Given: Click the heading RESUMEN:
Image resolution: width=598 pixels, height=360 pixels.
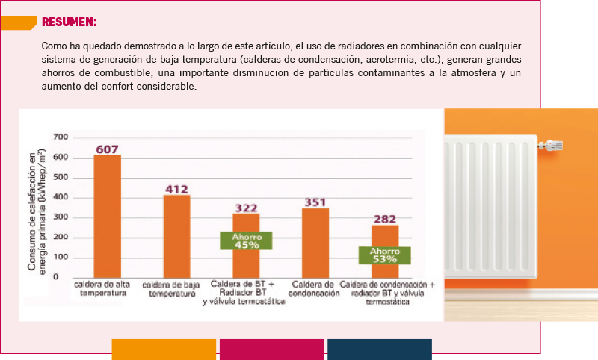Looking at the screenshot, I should [x=69, y=22].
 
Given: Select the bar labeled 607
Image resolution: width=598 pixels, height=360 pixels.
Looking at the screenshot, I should [x=107, y=217].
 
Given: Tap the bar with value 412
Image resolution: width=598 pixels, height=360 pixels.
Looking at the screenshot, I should [x=176, y=236].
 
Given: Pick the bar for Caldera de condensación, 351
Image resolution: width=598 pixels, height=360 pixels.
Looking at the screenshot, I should [x=315, y=243].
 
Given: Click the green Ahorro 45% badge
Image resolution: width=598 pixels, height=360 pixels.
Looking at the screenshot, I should [x=246, y=240].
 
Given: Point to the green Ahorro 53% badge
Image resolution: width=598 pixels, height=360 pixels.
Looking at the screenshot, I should [x=384, y=255].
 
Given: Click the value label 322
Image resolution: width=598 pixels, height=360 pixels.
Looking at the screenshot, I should [x=246, y=208].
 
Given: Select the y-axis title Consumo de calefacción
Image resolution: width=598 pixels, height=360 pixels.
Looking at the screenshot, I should [x=37, y=209].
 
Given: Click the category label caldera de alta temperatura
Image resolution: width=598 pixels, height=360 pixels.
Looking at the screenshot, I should [x=103, y=289].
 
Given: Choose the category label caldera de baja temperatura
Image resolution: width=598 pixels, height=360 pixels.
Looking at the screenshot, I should [x=171, y=289].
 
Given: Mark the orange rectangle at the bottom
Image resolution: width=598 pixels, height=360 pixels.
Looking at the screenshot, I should [x=164, y=349].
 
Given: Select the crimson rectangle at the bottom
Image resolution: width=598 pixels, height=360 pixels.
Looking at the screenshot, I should [x=271, y=349].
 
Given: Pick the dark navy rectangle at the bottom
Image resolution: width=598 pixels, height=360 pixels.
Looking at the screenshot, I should [x=379, y=349].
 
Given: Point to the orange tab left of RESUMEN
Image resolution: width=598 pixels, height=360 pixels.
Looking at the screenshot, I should [x=18, y=22].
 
